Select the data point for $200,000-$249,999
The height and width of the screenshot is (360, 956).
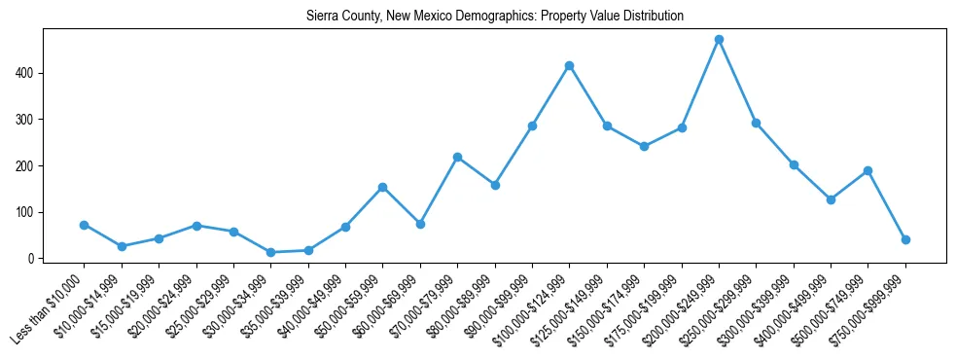click(x=719, y=40)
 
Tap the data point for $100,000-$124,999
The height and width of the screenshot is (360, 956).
click(x=569, y=66)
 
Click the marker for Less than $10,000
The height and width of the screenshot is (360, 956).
click(x=85, y=225)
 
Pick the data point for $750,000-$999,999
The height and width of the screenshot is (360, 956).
click(x=905, y=239)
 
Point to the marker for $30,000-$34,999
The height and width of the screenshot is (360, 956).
click(x=271, y=253)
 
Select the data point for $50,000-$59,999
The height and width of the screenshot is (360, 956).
click(x=383, y=187)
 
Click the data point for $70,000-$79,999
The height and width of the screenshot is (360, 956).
click(x=457, y=157)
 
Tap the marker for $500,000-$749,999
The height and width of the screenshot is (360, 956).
click(x=867, y=171)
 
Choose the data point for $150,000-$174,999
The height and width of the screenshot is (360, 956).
click(x=644, y=147)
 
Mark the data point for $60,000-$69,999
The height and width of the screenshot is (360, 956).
click(x=420, y=224)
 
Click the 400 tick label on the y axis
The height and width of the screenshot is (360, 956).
click(x=27, y=73)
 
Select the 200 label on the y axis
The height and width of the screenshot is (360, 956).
click(x=27, y=166)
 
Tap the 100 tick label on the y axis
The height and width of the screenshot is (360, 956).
click(x=27, y=212)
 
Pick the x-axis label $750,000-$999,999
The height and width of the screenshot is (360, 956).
click(x=869, y=312)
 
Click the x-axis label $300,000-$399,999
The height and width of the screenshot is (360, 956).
click(x=758, y=312)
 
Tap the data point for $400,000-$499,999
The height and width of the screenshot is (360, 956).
click(x=831, y=199)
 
